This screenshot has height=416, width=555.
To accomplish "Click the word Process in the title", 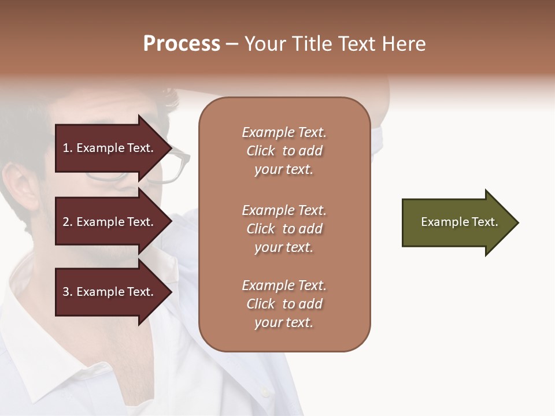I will (182, 44).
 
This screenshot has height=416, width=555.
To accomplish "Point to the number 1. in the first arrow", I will (68, 148).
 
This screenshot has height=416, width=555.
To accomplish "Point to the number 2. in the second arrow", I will (68, 222).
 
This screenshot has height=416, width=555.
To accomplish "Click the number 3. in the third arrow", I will (68, 292).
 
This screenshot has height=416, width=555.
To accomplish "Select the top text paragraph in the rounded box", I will (284, 151).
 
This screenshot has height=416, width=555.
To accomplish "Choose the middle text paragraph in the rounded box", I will (284, 229).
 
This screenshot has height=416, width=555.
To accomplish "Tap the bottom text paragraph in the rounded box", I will (284, 304).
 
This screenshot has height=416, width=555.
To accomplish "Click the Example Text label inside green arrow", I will (460, 222).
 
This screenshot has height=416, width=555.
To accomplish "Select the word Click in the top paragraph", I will (261, 151).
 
